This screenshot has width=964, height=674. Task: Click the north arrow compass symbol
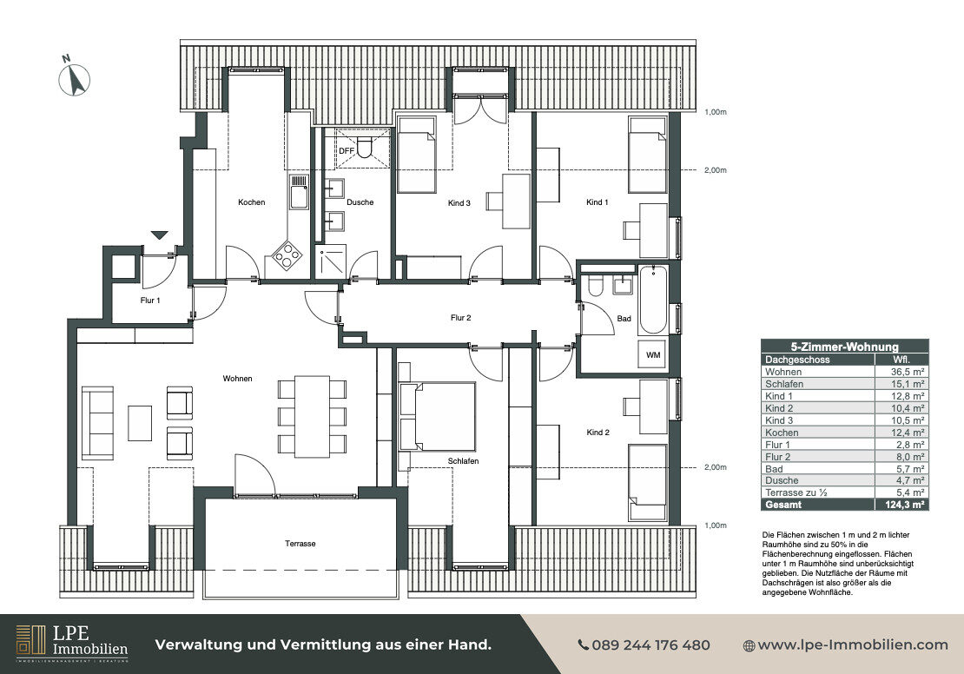point(75,78)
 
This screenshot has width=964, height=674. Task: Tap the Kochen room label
point(252,202)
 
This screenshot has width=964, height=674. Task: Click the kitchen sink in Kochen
point(299,191)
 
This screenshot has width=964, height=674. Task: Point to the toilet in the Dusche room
point(364,147)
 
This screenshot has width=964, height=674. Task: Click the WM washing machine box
point(653,355)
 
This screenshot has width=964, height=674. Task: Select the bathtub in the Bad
point(652,300)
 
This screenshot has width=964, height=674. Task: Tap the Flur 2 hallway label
point(460,318)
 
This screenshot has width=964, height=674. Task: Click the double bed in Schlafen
point(438,416)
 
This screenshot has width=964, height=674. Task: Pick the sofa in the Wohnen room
point(98,422)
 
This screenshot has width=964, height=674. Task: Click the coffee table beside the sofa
point(140,422)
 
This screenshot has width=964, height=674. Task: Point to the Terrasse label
point(300,544)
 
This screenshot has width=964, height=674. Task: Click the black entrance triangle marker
point(160,235)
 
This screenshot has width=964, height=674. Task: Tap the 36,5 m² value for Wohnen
point(908,372)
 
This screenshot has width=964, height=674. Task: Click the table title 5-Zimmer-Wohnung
point(844,347)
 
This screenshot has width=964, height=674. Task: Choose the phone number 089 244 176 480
point(644,645)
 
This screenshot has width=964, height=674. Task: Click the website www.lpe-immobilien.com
point(846,645)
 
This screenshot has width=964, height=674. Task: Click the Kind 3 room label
point(459,203)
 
